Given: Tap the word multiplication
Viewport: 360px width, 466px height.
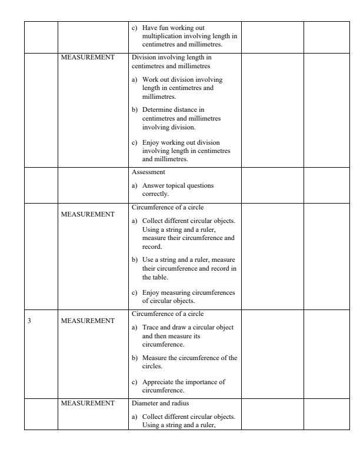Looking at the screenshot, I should click(x=161, y=35).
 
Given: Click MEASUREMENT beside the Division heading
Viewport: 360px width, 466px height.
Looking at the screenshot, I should click(x=88, y=58).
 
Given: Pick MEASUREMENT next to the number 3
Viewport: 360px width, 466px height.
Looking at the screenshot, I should click(x=88, y=321).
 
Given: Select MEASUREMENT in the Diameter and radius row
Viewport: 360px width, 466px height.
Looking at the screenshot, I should click(x=88, y=404).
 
